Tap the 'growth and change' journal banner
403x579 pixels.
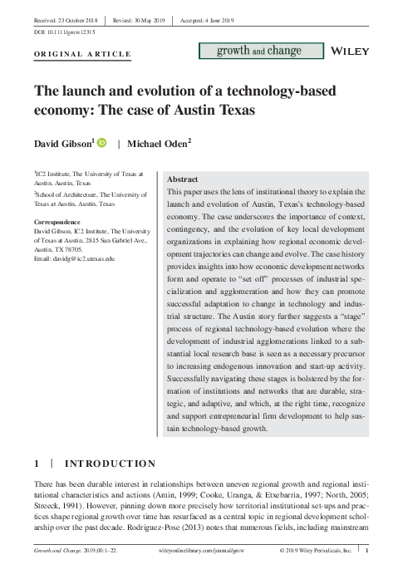[260, 52]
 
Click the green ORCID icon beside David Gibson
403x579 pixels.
[102, 144]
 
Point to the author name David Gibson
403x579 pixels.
[62, 145]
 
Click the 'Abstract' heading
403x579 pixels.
[183, 179]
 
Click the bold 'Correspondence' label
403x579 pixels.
[58, 222]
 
